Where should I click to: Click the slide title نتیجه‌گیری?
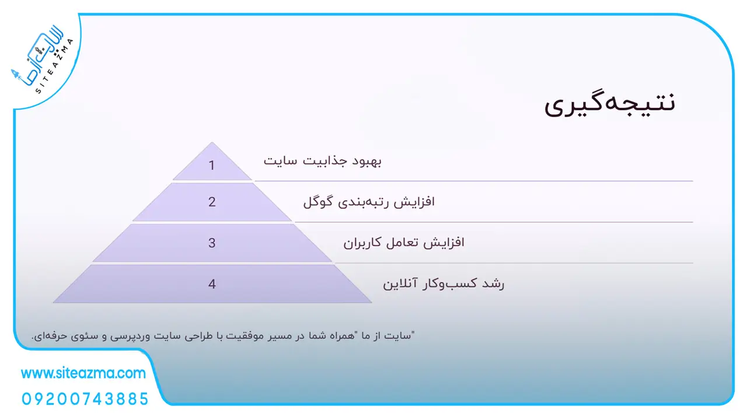pyautogui.click(x=610, y=103)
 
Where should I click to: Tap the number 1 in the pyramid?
pyautogui.click(x=211, y=165)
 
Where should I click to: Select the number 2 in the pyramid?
pyautogui.click(x=212, y=202)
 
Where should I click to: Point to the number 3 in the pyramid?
pyautogui.click(x=212, y=243)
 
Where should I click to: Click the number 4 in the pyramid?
pyautogui.click(x=212, y=284)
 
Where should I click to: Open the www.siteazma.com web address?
pyautogui.click(x=83, y=373)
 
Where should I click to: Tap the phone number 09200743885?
pyautogui.click(x=85, y=399)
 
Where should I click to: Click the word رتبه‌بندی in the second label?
pyautogui.click(x=364, y=202)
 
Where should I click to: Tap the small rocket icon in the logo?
pyautogui.click(x=15, y=74)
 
